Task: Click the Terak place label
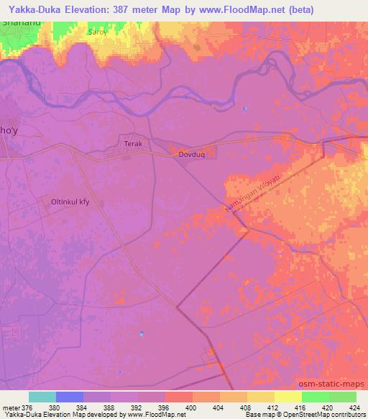coord(134,144)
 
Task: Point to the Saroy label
coord(97,32)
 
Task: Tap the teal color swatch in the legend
coord(42,397)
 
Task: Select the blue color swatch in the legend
coord(69,397)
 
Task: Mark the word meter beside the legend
coord(11,407)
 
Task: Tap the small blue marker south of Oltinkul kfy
coord(142,333)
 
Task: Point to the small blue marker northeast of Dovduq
coord(245,109)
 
